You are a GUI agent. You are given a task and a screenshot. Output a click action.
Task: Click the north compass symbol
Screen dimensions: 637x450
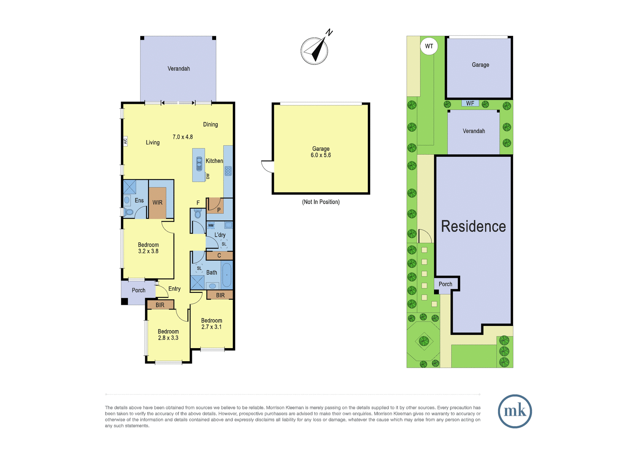point(315,49)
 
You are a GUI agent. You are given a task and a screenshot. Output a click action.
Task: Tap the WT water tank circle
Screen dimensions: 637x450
point(429,46)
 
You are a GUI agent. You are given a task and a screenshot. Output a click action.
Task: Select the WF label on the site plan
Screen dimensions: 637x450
point(470,103)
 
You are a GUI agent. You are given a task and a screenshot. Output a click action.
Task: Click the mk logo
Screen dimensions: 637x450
point(515,411)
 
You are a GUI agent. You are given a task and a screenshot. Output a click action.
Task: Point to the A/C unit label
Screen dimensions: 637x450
point(125,141)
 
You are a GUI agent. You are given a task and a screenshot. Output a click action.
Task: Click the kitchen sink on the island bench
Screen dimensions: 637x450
point(199,164)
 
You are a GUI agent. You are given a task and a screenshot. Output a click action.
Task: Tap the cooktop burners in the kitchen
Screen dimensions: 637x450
point(228,171)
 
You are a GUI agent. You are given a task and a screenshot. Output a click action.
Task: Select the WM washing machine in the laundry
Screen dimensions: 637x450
point(211,226)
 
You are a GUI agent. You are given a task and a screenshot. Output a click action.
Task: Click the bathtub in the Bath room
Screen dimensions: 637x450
point(227,275)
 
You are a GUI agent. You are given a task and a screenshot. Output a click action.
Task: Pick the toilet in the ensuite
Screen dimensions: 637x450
point(129,212)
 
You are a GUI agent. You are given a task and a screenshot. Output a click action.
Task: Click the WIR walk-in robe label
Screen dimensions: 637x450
point(157,203)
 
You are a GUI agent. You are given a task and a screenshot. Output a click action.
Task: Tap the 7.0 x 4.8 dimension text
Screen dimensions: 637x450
point(183,137)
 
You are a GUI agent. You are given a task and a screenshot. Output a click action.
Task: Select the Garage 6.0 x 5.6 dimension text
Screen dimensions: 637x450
point(321,155)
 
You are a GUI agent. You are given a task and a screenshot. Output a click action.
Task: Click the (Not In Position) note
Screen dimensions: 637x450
point(321,202)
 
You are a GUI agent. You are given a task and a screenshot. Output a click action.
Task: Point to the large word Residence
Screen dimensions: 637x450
point(473,226)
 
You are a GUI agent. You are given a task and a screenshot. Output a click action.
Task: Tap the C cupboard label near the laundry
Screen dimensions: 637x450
point(219,255)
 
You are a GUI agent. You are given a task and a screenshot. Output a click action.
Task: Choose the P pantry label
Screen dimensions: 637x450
point(219,210)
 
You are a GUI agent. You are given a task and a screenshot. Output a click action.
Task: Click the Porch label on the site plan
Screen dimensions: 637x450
point(446,284)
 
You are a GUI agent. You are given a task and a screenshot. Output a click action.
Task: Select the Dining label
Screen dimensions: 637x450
point(211,125)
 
